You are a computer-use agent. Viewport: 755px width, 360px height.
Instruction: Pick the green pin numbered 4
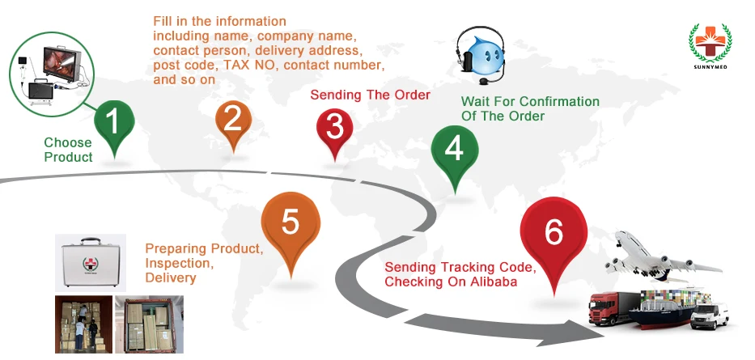(x=454, y=150)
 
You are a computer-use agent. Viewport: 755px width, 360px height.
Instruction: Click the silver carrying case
(x=90, y=262)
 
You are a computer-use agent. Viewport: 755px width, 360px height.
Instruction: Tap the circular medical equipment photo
(x=53, y=70)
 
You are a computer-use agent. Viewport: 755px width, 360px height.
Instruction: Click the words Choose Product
(x=68, y=150)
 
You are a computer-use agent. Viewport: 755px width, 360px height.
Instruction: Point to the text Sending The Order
(x=371, y=95)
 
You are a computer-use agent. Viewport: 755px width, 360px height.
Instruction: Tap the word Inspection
(x=179, y=263)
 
